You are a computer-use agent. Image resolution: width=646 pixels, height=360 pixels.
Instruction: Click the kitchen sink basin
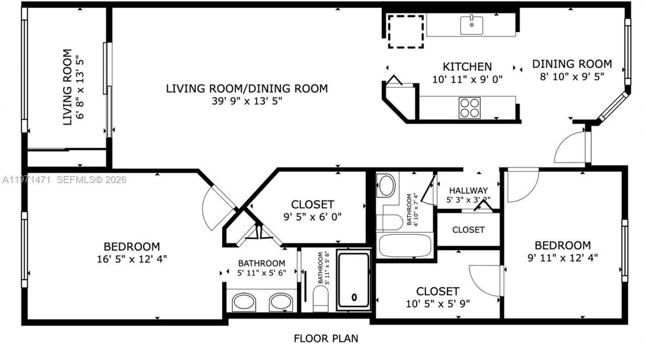tap(471, 25)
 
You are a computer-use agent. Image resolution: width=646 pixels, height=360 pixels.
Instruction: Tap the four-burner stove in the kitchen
tap(469, 108)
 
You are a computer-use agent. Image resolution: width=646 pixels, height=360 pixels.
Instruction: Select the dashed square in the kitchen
tap(406, 32)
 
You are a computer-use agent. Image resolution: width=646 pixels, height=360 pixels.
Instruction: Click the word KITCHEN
tap(467, 67)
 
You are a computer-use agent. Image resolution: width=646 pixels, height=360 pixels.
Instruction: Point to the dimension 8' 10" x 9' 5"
tap(571, 76)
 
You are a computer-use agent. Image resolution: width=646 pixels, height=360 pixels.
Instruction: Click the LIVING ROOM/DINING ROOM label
tap(247, 88)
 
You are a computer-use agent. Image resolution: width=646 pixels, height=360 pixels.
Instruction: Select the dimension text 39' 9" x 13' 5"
tap(247, 101)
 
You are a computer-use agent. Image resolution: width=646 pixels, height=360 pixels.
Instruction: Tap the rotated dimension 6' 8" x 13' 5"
tap(79, 87)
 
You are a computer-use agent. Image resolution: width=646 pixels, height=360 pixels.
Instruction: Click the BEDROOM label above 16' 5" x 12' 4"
tap(131, 246)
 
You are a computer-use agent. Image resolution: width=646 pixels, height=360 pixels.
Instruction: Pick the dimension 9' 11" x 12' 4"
tap(562, 258)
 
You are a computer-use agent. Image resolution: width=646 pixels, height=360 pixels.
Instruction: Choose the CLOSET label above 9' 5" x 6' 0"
tap(312, 204)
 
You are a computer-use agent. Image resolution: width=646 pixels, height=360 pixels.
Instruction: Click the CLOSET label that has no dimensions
tap(468, 230)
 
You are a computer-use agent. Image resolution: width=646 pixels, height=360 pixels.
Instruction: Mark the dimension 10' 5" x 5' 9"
tap(438, 303)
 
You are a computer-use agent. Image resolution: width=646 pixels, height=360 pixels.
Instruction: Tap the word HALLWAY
tap(469, 190)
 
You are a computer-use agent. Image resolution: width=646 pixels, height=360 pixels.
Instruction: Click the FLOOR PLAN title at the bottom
tap(326, 338)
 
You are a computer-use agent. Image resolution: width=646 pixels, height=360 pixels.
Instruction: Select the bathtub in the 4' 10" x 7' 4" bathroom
tap(405, 245)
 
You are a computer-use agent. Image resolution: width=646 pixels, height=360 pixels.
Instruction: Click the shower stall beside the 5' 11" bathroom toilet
tap(354, 280)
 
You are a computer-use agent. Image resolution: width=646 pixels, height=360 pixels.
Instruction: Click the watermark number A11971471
tap(26, 180)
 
